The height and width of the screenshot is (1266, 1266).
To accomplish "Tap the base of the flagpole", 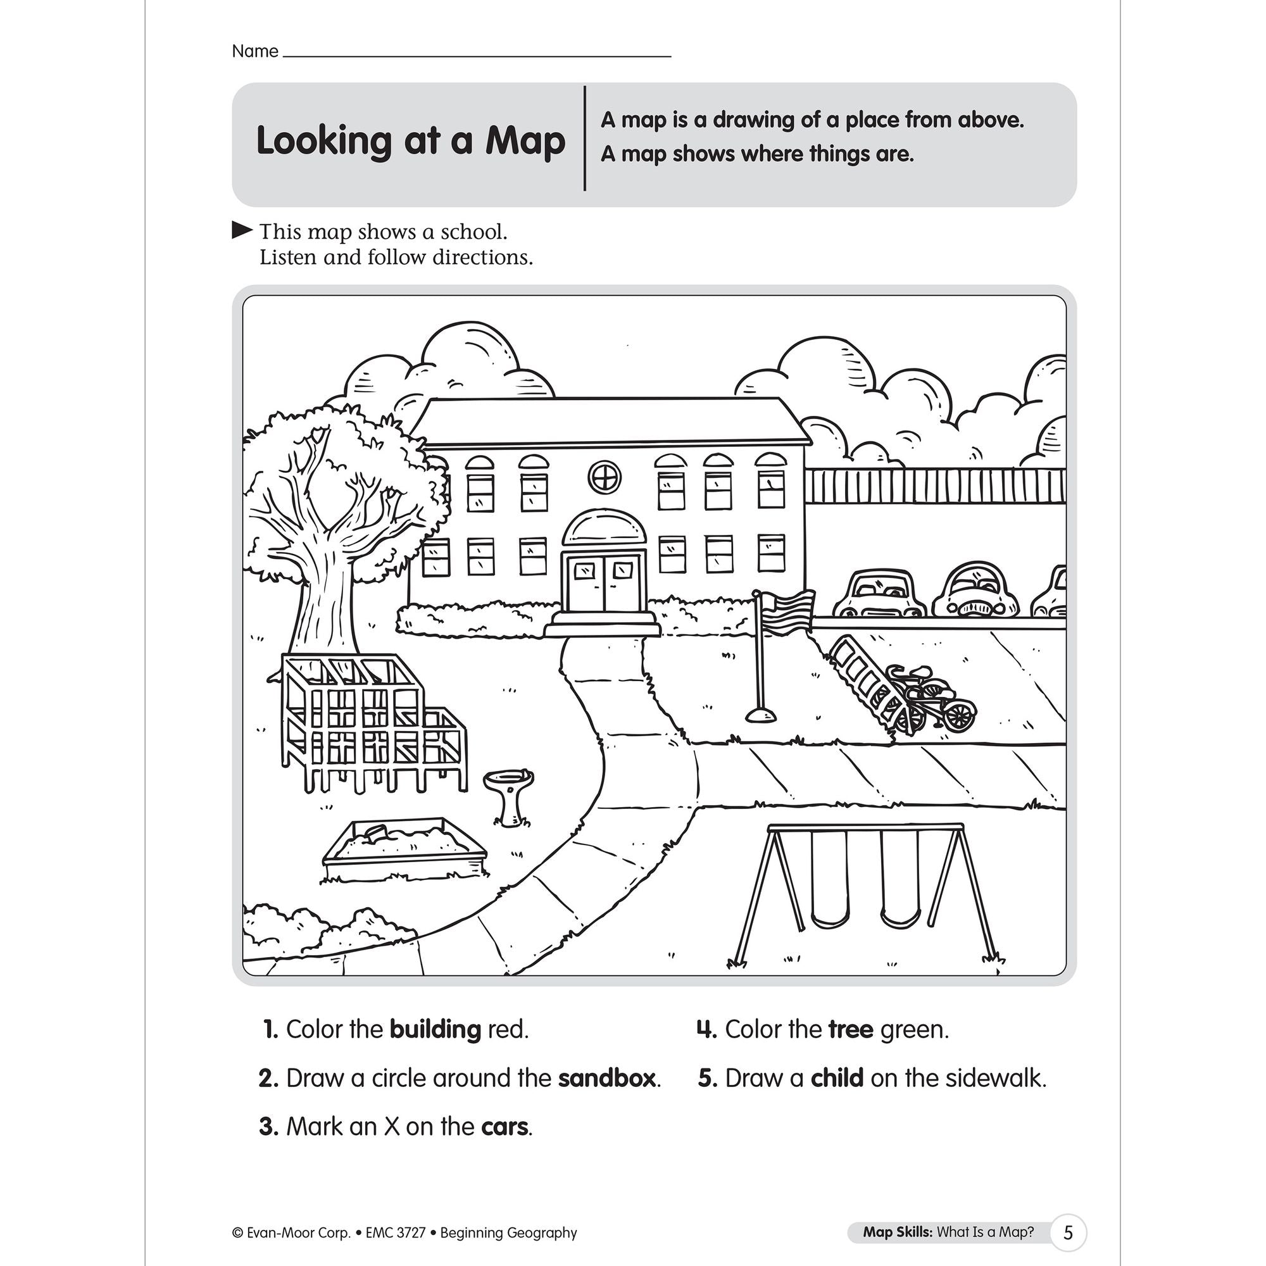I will pyautogui.click(x=760, y=714).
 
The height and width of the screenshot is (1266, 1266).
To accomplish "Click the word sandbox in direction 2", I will pyautogui.click(x=607, y=1078).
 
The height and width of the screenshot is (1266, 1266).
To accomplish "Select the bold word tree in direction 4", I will pyautogui.click(x=850, y=1029).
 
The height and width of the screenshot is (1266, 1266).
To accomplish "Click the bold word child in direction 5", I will pyautogui.click(x=837, y=1078).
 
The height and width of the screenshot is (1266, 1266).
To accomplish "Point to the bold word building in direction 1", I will pyautogui.click(x=435, y=1029).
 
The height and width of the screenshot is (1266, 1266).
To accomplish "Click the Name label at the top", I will pyautogui.click(x=255, y=51).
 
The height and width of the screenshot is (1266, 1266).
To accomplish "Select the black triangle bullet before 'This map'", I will pyautogui.click(x=242, y=230).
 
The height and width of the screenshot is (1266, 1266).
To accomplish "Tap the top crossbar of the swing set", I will pyautogui.click(x=865, y=827).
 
